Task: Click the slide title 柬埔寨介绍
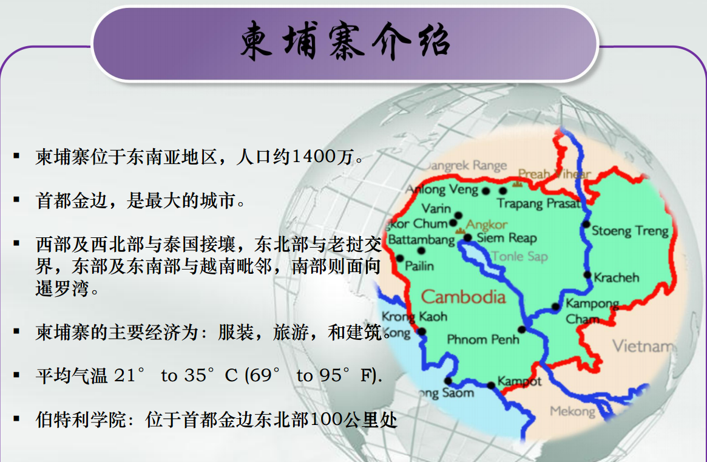345,41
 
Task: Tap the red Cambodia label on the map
463,297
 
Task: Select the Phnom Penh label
483,339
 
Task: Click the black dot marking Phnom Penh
522,330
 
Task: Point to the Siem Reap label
507,238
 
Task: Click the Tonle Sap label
520,256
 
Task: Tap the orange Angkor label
487,224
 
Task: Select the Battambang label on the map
421,239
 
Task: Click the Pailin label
419,266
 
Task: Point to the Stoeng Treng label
630,231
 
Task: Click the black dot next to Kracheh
587,275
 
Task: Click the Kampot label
519,381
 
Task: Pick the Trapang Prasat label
538,203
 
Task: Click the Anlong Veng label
442,189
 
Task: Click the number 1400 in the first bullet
313,157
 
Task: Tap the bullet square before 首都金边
16,199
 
